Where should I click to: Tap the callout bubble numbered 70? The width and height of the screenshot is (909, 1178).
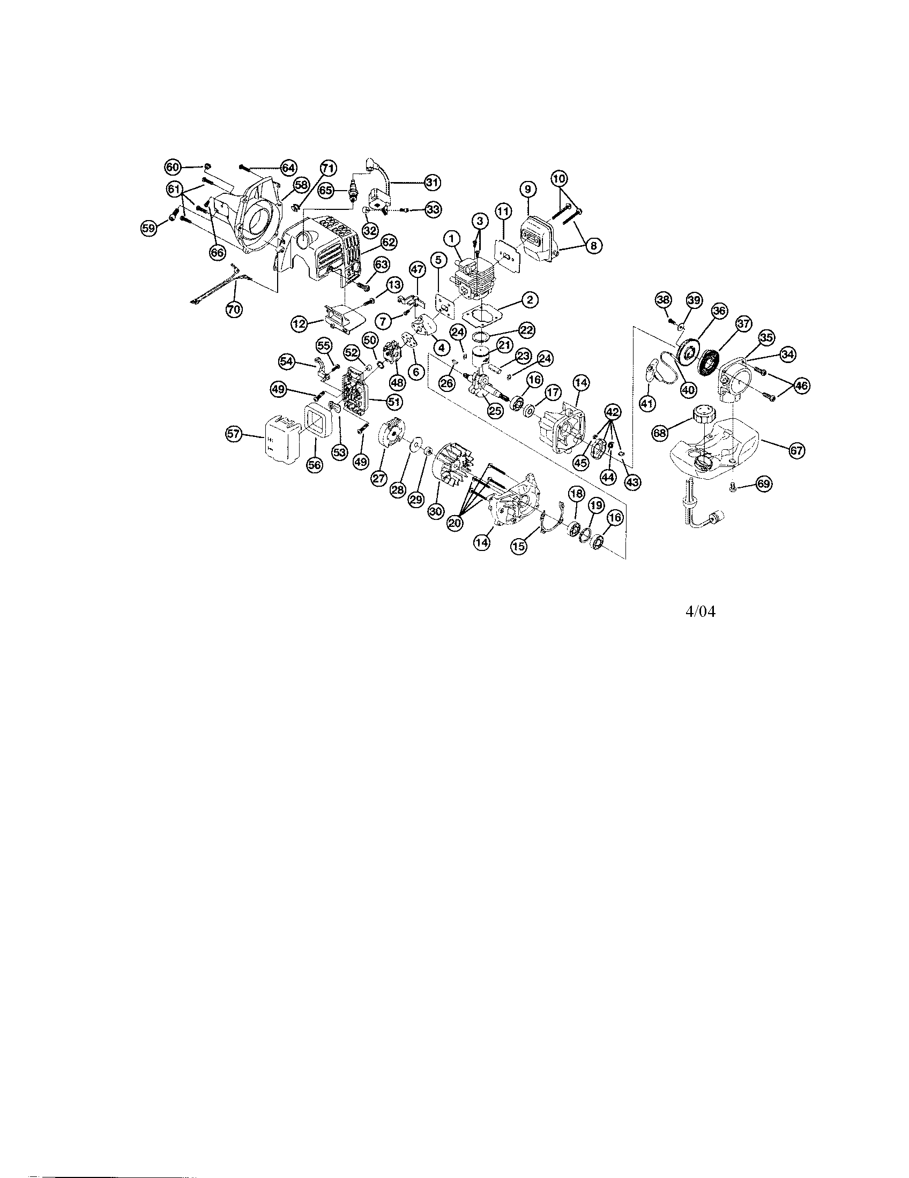click(x=234, y=309)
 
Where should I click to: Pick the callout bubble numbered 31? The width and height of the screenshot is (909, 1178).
click(x=433, y=182)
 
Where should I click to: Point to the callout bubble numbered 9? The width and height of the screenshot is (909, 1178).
click(x=528, y=190)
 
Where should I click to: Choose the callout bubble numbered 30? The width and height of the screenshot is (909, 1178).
click(x=435, y=511)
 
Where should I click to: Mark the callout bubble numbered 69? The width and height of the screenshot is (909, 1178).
click(x=763, y=484)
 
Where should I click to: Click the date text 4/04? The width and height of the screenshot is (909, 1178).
click(x=701, y=611)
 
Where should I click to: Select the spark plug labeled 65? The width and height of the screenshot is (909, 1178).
click(x=354, y=191)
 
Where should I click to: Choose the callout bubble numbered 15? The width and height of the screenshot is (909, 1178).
click(x=518, y=546)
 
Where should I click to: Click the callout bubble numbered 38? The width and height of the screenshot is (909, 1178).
click(x=664, y=300)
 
